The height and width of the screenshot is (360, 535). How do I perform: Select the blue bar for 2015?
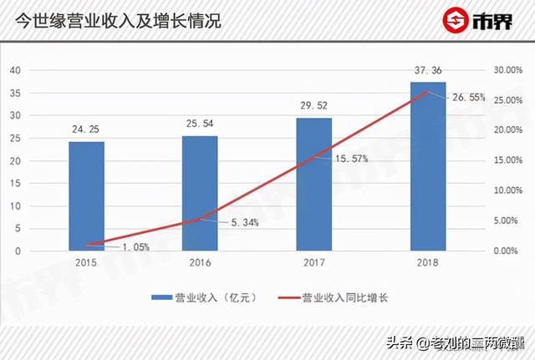tap(86, 195)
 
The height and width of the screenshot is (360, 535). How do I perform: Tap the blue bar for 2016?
tap(200, 193)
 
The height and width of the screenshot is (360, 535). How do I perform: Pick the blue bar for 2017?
tap(313, 184)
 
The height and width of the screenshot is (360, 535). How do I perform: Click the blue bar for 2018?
tap(427, 166)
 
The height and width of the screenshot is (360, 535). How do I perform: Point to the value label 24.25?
tap(86, 130)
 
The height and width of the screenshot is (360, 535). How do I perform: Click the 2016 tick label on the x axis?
tap(200, 263)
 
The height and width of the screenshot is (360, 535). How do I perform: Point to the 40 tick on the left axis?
tap(15, 70)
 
